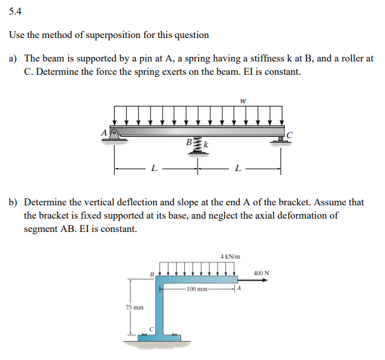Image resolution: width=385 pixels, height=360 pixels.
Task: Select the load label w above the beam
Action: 243,100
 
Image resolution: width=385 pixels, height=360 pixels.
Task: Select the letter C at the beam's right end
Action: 290,134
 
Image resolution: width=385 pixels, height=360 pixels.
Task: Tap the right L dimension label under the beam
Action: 237,169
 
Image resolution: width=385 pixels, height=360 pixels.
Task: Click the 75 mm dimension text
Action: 133,307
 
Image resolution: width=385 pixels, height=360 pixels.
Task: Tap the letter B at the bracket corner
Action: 151,274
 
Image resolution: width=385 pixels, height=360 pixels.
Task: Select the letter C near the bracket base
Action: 151,328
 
